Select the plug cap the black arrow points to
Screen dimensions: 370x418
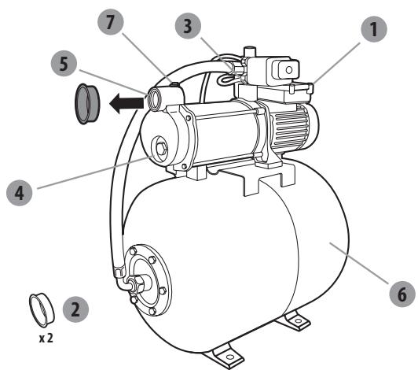[x=85, y=102]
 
